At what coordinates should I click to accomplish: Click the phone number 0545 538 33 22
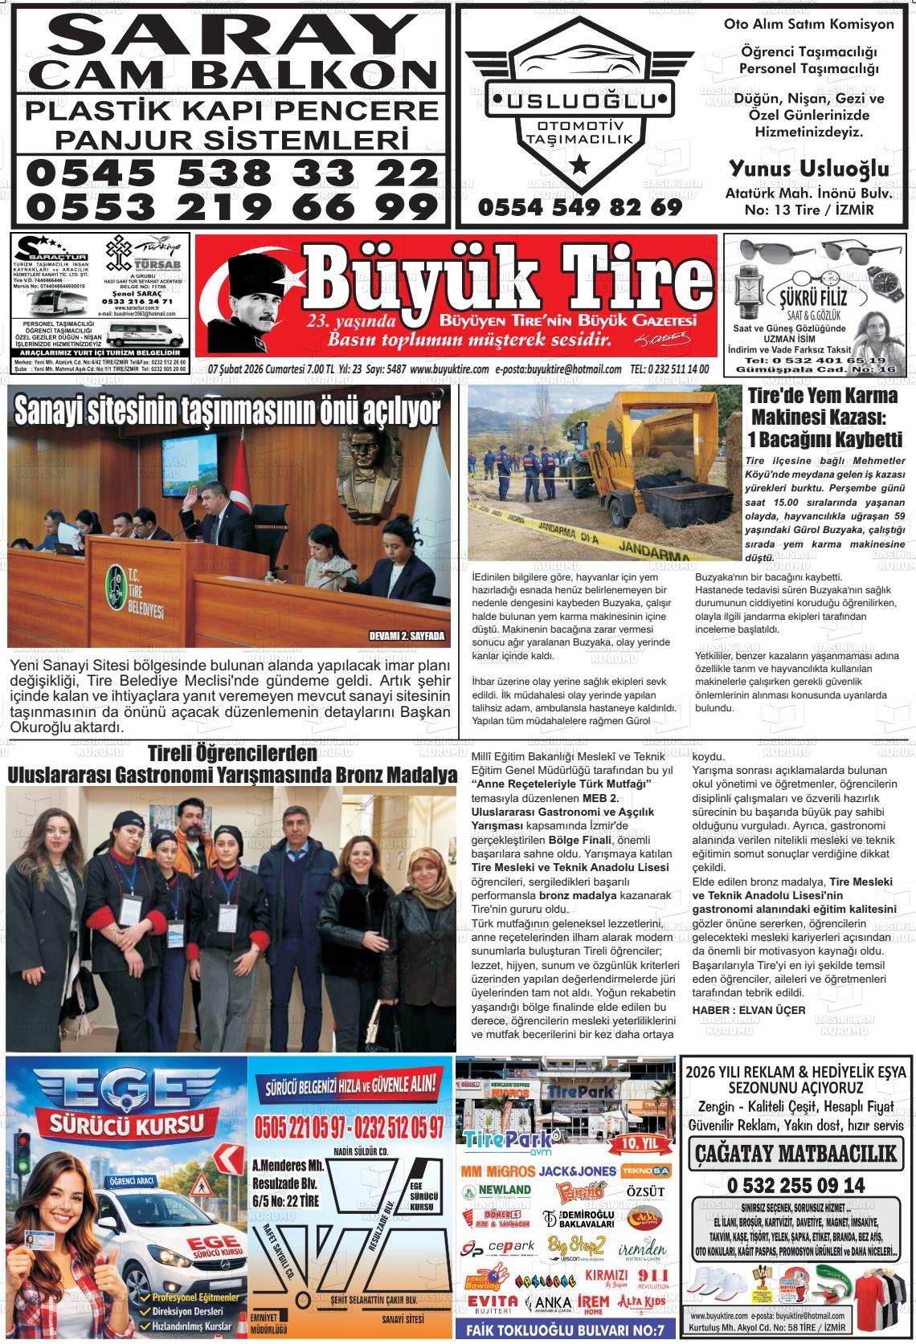click(231, 171)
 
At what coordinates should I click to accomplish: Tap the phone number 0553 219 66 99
click(231, 206)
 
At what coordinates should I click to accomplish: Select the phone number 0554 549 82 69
click(579, 207)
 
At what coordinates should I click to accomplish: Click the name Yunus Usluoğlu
click(808, 169)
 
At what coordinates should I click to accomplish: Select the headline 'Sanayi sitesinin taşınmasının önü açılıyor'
click(227, 412)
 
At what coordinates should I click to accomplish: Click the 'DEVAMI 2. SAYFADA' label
click(406, 636)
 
